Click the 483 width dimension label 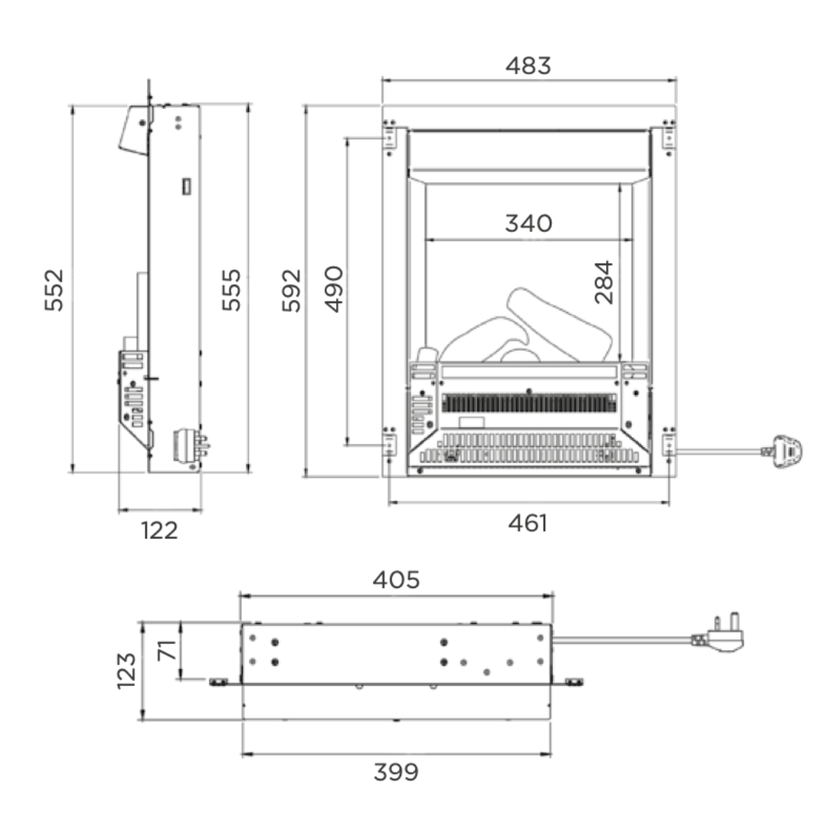[528, 66]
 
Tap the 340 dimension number [528, 223]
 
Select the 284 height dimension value [604, 282]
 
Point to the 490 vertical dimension [334, 289]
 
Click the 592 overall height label [291, 291]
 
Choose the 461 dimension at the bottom [528, 523]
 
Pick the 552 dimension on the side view [54, 290]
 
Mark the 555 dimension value [231, 290]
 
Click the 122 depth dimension [159, 531]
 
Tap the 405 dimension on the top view [396, 580]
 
